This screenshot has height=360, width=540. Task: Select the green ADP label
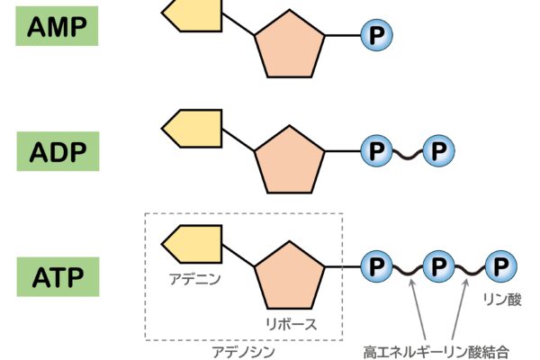pyautogui.click(x=57, y=150)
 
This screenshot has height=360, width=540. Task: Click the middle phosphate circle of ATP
pyautogui.click(x=437, y=266)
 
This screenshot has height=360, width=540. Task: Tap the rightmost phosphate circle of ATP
pyautogui.click(x=499, y=266)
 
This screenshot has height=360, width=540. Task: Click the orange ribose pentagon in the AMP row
pyautogui.click(x=289, y=47)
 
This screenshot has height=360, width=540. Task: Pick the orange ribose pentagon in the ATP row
pyautogui.click(x=289, y=277)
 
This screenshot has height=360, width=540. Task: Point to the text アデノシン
pyautogui.click(x=243, y=351)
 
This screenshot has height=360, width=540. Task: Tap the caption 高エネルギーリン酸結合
pyautogui.click(x=436, y=350)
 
